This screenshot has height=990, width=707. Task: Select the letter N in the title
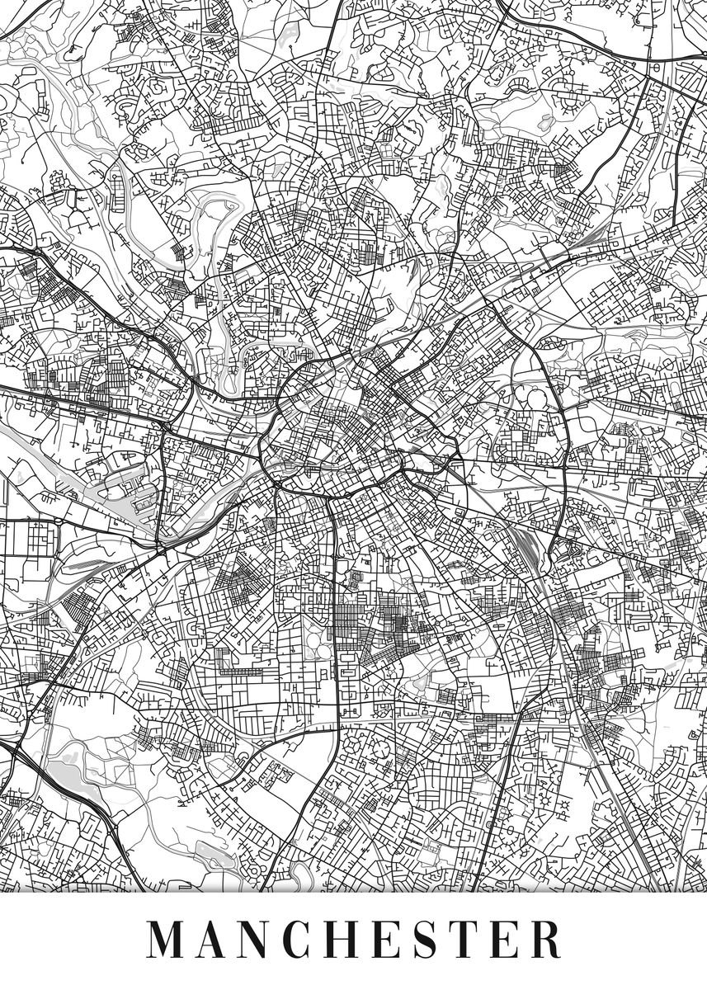263,939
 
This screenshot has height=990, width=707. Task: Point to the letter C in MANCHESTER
308,939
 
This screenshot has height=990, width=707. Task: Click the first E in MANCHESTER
398,939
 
